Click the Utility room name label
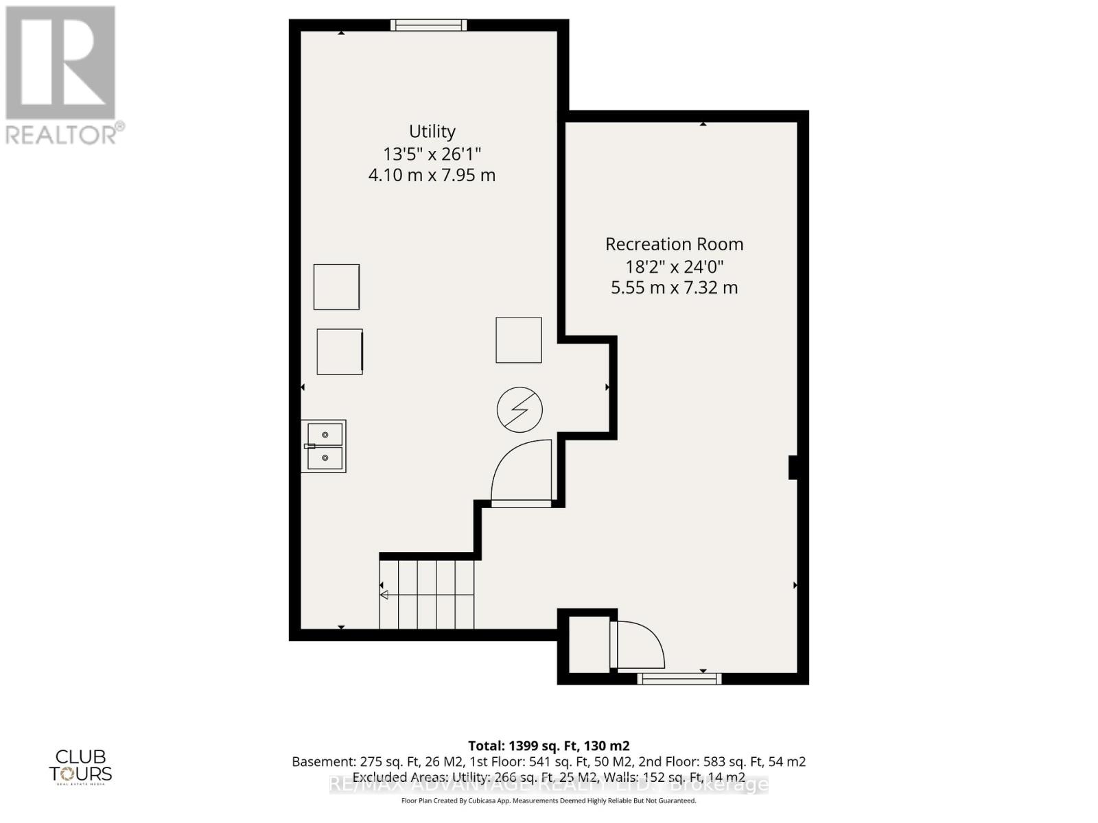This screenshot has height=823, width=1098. (x=432, y=131)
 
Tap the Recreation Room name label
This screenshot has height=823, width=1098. (x=674, y=244)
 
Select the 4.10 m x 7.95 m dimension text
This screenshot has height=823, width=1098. (x=432, y=175)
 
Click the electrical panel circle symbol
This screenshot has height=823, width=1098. (x=519, y=410)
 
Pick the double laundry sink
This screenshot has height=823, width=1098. (x=324, y=446)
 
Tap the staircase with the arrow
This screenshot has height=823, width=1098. (x=426, y=594)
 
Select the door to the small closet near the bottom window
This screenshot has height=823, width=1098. (x=638, y=645)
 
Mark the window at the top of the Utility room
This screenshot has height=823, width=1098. (x=428, y=25)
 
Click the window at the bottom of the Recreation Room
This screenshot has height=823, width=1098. (x=679, y=679)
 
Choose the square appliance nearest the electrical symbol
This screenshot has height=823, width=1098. (x=519, y=339)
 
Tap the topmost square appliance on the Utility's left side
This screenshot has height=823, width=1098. (x=336, y=287)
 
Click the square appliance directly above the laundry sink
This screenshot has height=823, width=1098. (x=340, y=352)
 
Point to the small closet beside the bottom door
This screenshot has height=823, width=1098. (x=589, y=645)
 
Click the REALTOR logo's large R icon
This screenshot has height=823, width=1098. (x=60, y=63)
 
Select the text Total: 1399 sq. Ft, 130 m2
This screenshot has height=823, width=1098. (x=548, y=746)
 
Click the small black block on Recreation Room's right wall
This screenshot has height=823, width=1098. (x=792, y=467)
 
